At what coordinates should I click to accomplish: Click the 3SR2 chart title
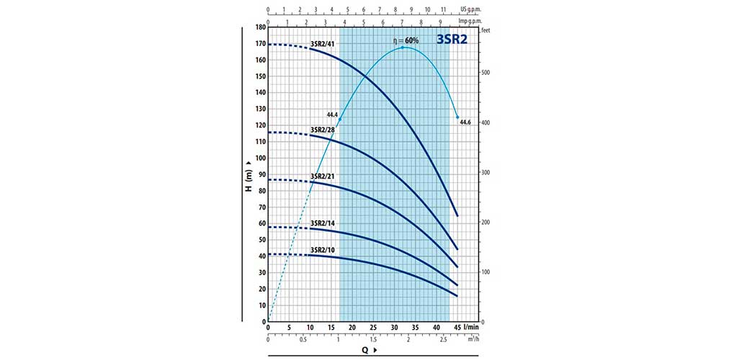coord(452,40)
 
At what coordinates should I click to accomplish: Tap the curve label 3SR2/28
coord(322,130)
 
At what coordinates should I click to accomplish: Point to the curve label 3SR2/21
coord(322,176)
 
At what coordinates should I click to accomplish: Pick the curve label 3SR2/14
coord(322,223)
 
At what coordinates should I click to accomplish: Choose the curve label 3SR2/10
coord(322,250)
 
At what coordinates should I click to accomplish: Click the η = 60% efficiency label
coord(406,40)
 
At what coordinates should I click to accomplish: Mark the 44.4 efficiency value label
coord(332,114)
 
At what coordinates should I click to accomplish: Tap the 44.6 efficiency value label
coord(465,122)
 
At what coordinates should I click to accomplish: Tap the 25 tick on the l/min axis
coord(373,328)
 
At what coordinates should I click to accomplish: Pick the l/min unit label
coord(472,328)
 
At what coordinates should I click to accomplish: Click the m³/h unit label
coord(471,339)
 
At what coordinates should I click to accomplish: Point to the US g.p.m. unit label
coord(470,11)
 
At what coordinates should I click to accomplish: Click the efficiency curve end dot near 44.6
coord(457,117)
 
